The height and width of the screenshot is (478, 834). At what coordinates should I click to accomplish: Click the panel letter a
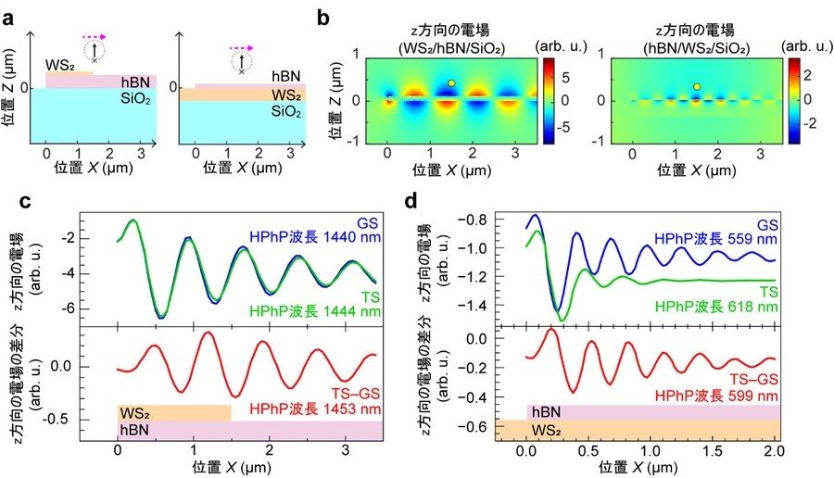8,19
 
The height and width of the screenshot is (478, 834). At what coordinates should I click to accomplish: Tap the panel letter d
412,202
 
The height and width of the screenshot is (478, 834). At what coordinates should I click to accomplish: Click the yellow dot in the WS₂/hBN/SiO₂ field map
451,83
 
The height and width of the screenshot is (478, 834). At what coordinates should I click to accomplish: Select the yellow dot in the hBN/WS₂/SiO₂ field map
697,87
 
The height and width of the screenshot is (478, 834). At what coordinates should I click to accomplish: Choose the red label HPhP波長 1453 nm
315,410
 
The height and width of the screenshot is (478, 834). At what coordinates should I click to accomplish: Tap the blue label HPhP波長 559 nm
716,239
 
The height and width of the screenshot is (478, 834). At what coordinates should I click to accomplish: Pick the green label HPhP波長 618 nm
716,307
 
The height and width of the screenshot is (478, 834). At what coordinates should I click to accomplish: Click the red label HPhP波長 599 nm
716,396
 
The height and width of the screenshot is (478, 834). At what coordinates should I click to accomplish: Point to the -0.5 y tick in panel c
60,420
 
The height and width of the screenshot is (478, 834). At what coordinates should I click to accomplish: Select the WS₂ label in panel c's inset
134,413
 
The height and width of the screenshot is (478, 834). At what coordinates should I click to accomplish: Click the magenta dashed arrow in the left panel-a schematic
95,37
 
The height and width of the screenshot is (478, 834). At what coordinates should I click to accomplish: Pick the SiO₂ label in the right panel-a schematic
286,111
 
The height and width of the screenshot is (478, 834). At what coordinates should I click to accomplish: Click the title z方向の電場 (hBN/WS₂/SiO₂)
696,39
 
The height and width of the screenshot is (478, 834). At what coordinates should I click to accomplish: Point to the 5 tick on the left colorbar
565,78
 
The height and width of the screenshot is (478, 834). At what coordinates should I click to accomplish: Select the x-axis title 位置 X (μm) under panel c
232,468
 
